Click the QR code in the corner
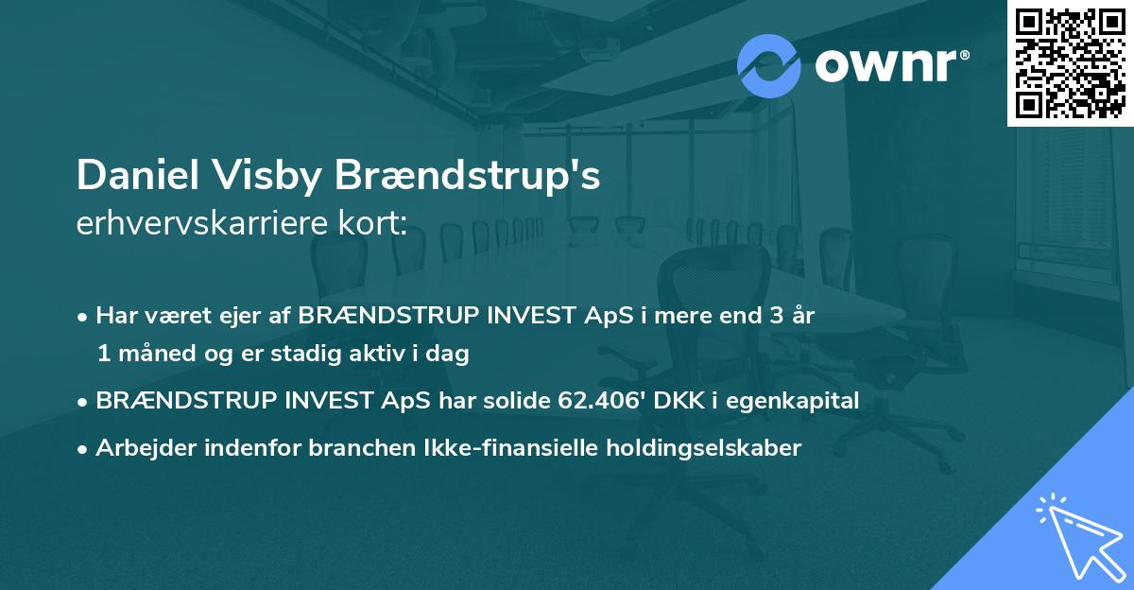[x=1070, y=62]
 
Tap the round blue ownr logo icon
[x=768, y=66]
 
